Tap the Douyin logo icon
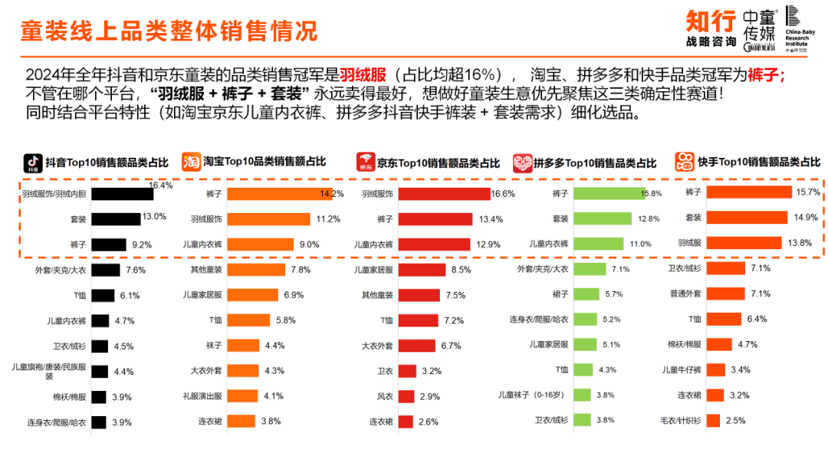[x=32, y=162]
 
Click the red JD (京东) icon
[x=365, y=162]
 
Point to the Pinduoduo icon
[x=522, y=162]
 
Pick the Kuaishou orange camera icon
[x=685, y=162]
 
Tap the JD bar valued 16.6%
[x=444, y=194]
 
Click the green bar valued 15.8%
[x=611, y=194]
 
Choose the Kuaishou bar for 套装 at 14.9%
[x=747, y=218]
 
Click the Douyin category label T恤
[x=79, y=296]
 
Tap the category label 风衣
[x=384, y=396]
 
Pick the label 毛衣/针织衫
[x=681, y=421]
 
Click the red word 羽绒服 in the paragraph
[x=363, y=75]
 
